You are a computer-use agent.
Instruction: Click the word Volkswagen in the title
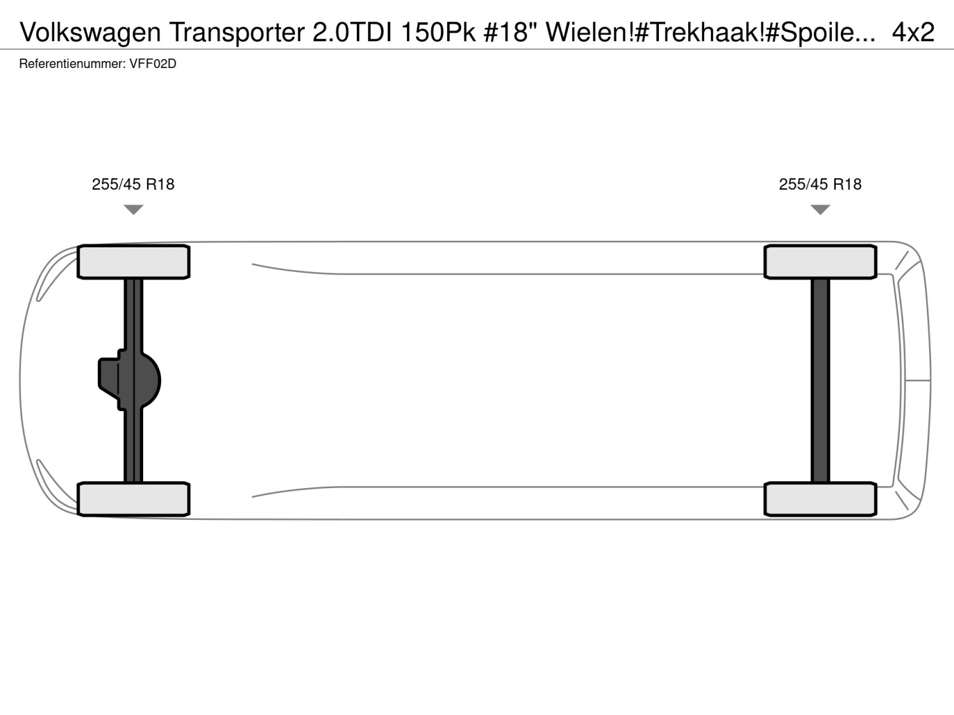[x=90, y=32]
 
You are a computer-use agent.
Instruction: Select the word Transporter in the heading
[x=237, y=32]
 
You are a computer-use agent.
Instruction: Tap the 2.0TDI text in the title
[x=352, y=32]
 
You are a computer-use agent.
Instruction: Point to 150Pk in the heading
[x=439, y=32]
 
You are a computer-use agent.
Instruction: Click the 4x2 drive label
[x=913, y=32]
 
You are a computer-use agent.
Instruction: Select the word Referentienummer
[x=72, y=64]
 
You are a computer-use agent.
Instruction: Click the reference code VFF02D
[x=153, y=64]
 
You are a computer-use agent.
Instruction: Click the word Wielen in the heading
[x=587, y=32]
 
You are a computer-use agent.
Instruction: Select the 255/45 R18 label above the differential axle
[x=133, y=184]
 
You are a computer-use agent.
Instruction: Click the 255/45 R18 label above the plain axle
[x=820, y=184]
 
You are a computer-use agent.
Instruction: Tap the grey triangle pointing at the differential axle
[x=134, y=209]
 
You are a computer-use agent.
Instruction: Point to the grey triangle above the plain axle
[x=820, y=209]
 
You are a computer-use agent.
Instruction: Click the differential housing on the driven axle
[x=130, y=380]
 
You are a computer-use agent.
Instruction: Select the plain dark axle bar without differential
[x=820, y=380]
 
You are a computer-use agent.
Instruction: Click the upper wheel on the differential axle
[x=134, y=262]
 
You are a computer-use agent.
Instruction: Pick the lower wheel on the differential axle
[x=134, y=499]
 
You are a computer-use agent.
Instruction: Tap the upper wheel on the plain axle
[x=820, y=262]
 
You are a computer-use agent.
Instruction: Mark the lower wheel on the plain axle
[x=820, y=499]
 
